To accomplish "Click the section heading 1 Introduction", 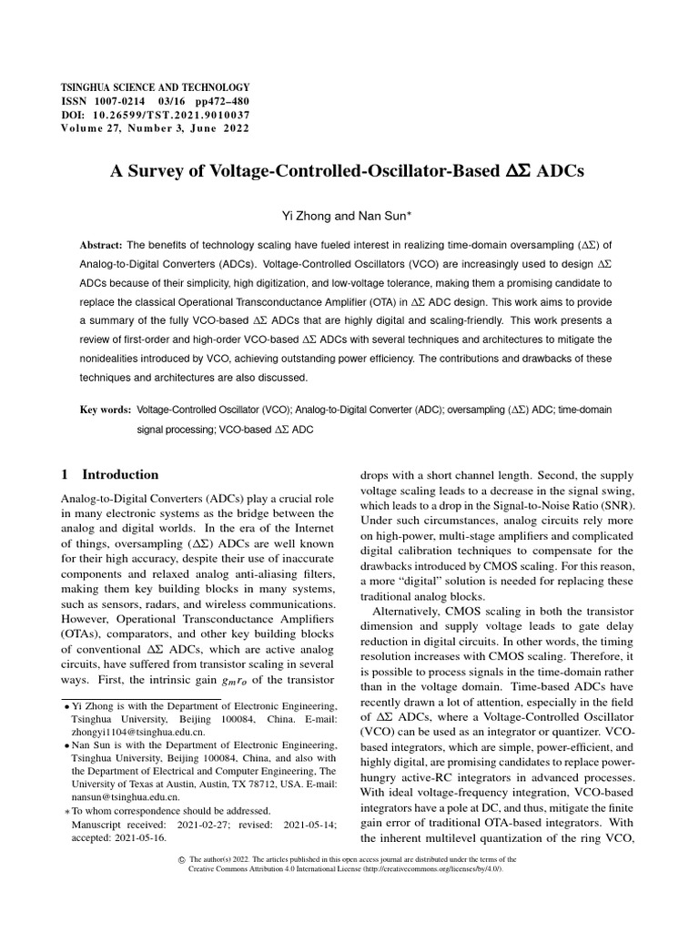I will (x=109, y=474).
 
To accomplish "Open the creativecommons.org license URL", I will (x=429, y=869).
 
